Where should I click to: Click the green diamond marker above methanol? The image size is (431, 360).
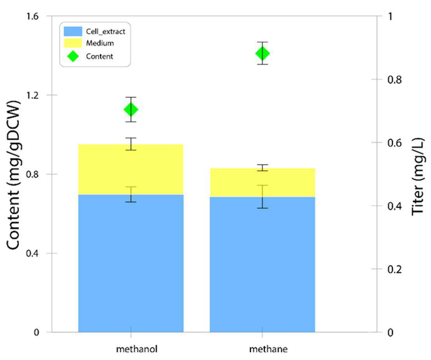[x=131, y=110]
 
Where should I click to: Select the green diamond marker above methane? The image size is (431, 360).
[x=262, y=53]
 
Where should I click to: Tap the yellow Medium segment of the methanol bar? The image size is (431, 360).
[x=131, y=169]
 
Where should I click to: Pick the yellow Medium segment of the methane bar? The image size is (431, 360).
[x=262, y=183]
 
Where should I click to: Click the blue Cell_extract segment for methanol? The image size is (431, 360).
[x=131, y=263]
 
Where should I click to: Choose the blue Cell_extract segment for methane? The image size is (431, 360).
[x=262, y=264]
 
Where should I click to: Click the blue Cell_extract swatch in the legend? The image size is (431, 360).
[x=73, y=31]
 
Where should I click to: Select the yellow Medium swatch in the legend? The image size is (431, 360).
[x=73, y=43]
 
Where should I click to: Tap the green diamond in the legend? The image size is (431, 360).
[x=73, y=56]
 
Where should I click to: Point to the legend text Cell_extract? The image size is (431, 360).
[x=106, y=31]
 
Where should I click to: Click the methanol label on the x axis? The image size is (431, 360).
[x=137, y=349]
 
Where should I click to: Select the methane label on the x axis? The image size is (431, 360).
[x=268, y=349]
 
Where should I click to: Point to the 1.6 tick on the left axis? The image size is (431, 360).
[x=33, y=16]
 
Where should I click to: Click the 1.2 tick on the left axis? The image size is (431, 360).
[x=33, y=95]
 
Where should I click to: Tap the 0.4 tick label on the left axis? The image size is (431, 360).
[x=33, y=253]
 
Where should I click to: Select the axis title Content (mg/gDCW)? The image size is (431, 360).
[x=14, y=176]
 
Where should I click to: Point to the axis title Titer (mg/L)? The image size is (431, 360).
[x=418, y=176]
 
